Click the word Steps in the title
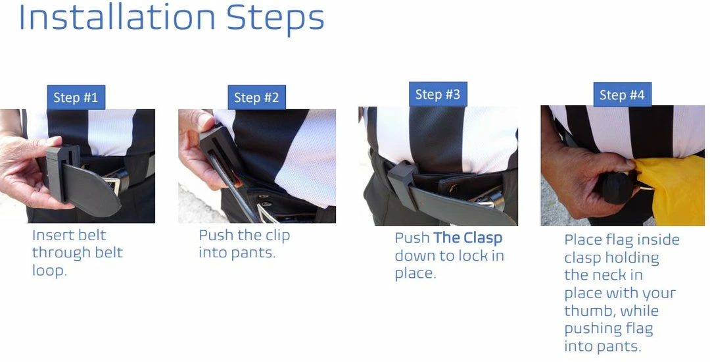[275, 19]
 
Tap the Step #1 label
[76, 97]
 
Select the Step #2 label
[256, 98]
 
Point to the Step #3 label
[437, 95]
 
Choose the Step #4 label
[622, 95]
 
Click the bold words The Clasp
[467, 238]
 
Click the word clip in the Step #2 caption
[277, 235]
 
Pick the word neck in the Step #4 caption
[626, 275]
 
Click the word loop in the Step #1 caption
[49, 271]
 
